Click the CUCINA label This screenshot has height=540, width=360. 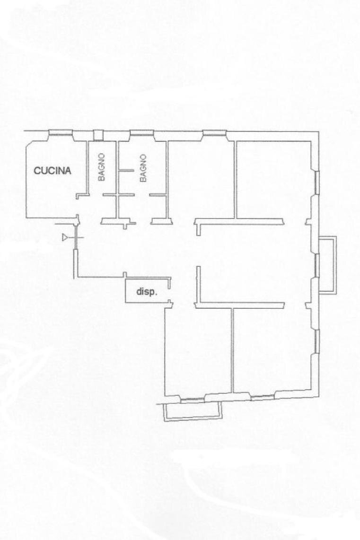tap(52, 171)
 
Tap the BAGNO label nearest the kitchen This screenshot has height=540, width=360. tap(101, 167)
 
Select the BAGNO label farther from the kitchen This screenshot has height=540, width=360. tap(143, 168)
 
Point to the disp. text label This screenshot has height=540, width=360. tap(146, 292)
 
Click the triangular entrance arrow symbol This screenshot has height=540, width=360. tap(65, 237)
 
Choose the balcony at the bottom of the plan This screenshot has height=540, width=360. tap(192, 410)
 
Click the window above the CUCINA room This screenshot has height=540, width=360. tap(61, 133)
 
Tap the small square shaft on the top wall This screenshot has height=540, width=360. tap(98, 135)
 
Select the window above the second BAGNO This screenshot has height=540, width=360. tap(142, 133)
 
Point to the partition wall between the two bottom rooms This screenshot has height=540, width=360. tap(232, 350)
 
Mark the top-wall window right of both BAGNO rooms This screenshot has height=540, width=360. tap(215, 133)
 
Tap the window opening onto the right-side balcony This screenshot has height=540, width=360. tap(317, 266)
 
